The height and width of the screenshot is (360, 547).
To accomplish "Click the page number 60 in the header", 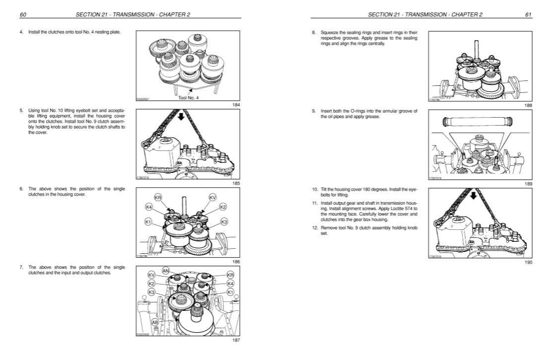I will (22, 14).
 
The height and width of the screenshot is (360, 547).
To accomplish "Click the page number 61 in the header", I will (528, 14).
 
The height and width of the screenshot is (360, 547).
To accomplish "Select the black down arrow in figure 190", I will (473, 195).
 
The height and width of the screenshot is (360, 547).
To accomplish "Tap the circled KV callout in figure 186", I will (212, 198).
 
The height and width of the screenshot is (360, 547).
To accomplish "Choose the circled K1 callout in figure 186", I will (148, 221).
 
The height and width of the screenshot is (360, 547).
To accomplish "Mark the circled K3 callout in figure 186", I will (223, 221).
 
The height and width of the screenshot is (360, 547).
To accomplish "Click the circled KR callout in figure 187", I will (230, 275).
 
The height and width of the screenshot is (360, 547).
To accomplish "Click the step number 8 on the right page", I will (314, 33).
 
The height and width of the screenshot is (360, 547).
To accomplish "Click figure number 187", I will (237, 341).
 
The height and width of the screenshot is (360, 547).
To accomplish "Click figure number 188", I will (528, 105).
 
